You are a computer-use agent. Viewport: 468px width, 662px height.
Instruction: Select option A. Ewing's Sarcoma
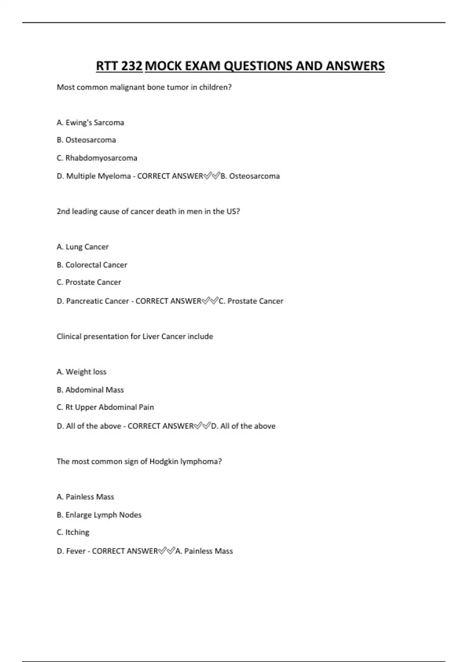pyautogui.click(x=90, y=123)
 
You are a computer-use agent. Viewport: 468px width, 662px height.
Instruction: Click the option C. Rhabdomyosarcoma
pyautogui.click(x=97, y=158)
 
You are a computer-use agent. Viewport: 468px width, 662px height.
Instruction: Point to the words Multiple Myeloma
pyautogui.click(x=98, y=176)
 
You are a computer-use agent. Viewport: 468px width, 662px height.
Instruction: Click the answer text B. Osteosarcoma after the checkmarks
pyautogui.click(x=250, y=176)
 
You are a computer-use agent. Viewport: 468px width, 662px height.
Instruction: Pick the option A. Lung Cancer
pyautogui.click(x=82, y=247)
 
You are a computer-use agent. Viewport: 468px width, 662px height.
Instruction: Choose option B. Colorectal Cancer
pyautogui.click(x=92, y=265)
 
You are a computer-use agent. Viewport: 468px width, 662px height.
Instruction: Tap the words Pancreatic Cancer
pyautogui.click(x=97, y=301)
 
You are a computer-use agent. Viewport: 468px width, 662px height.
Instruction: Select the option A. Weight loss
pyautogui.click(x=81, y=372)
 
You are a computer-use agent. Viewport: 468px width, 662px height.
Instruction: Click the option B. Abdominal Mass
pyautogui.click(x=90, y=390)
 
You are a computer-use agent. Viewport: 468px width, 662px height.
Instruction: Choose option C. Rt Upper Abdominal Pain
pyautogui.click(x=105, y=407)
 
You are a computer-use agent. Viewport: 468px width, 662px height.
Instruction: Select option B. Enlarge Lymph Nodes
pyautogui.click(x=99, y=515)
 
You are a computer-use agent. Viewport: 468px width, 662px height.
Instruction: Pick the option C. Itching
pyautogui.click(x=73, y=532)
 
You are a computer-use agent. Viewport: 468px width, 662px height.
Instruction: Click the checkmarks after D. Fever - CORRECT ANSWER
pyautogui.click(x=167, y=551)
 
